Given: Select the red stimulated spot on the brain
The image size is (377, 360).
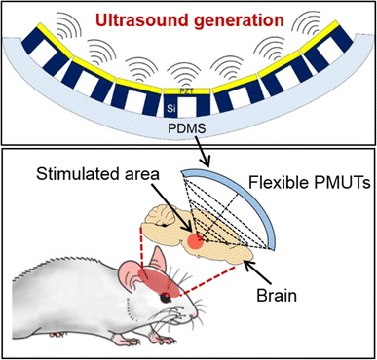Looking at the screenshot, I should tap(199, 214).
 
